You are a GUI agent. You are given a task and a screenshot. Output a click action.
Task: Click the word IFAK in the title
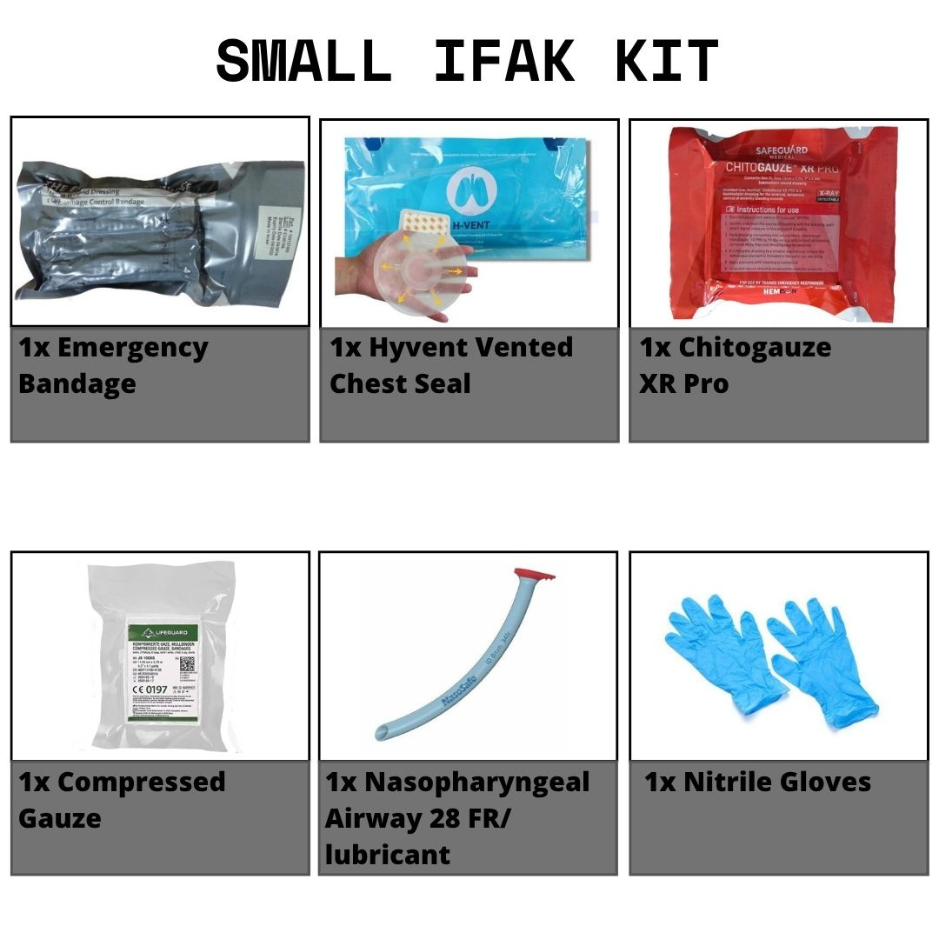click(x=504, y=63)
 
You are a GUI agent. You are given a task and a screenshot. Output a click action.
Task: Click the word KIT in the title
click(x=667, y=63)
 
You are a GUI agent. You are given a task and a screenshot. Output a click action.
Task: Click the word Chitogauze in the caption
click(x=755, y=347)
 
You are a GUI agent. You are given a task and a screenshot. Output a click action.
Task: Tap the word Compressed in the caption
click(x=141, y=782)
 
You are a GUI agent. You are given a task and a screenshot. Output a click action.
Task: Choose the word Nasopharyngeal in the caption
click(x=476, y=782)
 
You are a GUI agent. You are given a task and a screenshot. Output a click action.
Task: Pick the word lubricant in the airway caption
click(x=388, y=855)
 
